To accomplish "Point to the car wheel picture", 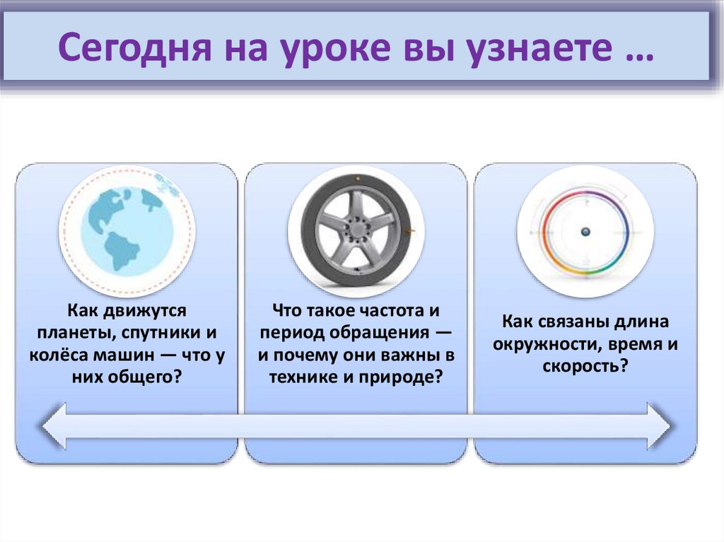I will click(x=356, y=230).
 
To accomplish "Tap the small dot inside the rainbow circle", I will click(x=585, y=232).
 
